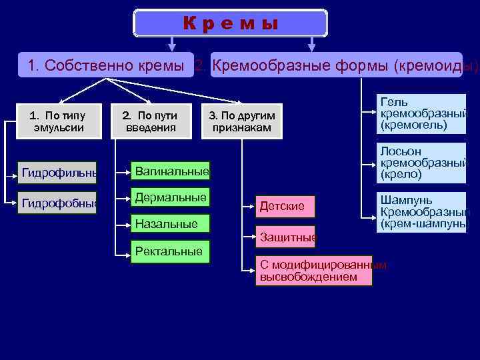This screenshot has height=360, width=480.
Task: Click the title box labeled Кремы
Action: pos(231,23)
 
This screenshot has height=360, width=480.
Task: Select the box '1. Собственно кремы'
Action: pos(106,65)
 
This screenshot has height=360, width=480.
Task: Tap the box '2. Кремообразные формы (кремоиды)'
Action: pos(336,65)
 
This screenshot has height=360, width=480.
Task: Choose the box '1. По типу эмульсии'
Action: pos(59,121)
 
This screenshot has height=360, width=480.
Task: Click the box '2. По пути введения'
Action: pos(150,121)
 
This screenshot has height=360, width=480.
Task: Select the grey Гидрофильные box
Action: pos(59,173)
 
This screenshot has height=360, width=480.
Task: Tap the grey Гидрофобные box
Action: pos(59,202)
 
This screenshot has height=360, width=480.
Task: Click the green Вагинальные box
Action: pos(170,171)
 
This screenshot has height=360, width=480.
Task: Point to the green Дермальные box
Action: pos(170,198)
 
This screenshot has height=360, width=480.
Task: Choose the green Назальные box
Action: pos(170,224)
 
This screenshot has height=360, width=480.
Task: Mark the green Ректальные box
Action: pos(170,251)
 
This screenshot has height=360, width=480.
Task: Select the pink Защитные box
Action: pos(287,237)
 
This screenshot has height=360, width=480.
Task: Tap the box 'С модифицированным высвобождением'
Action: pos(314,271)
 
